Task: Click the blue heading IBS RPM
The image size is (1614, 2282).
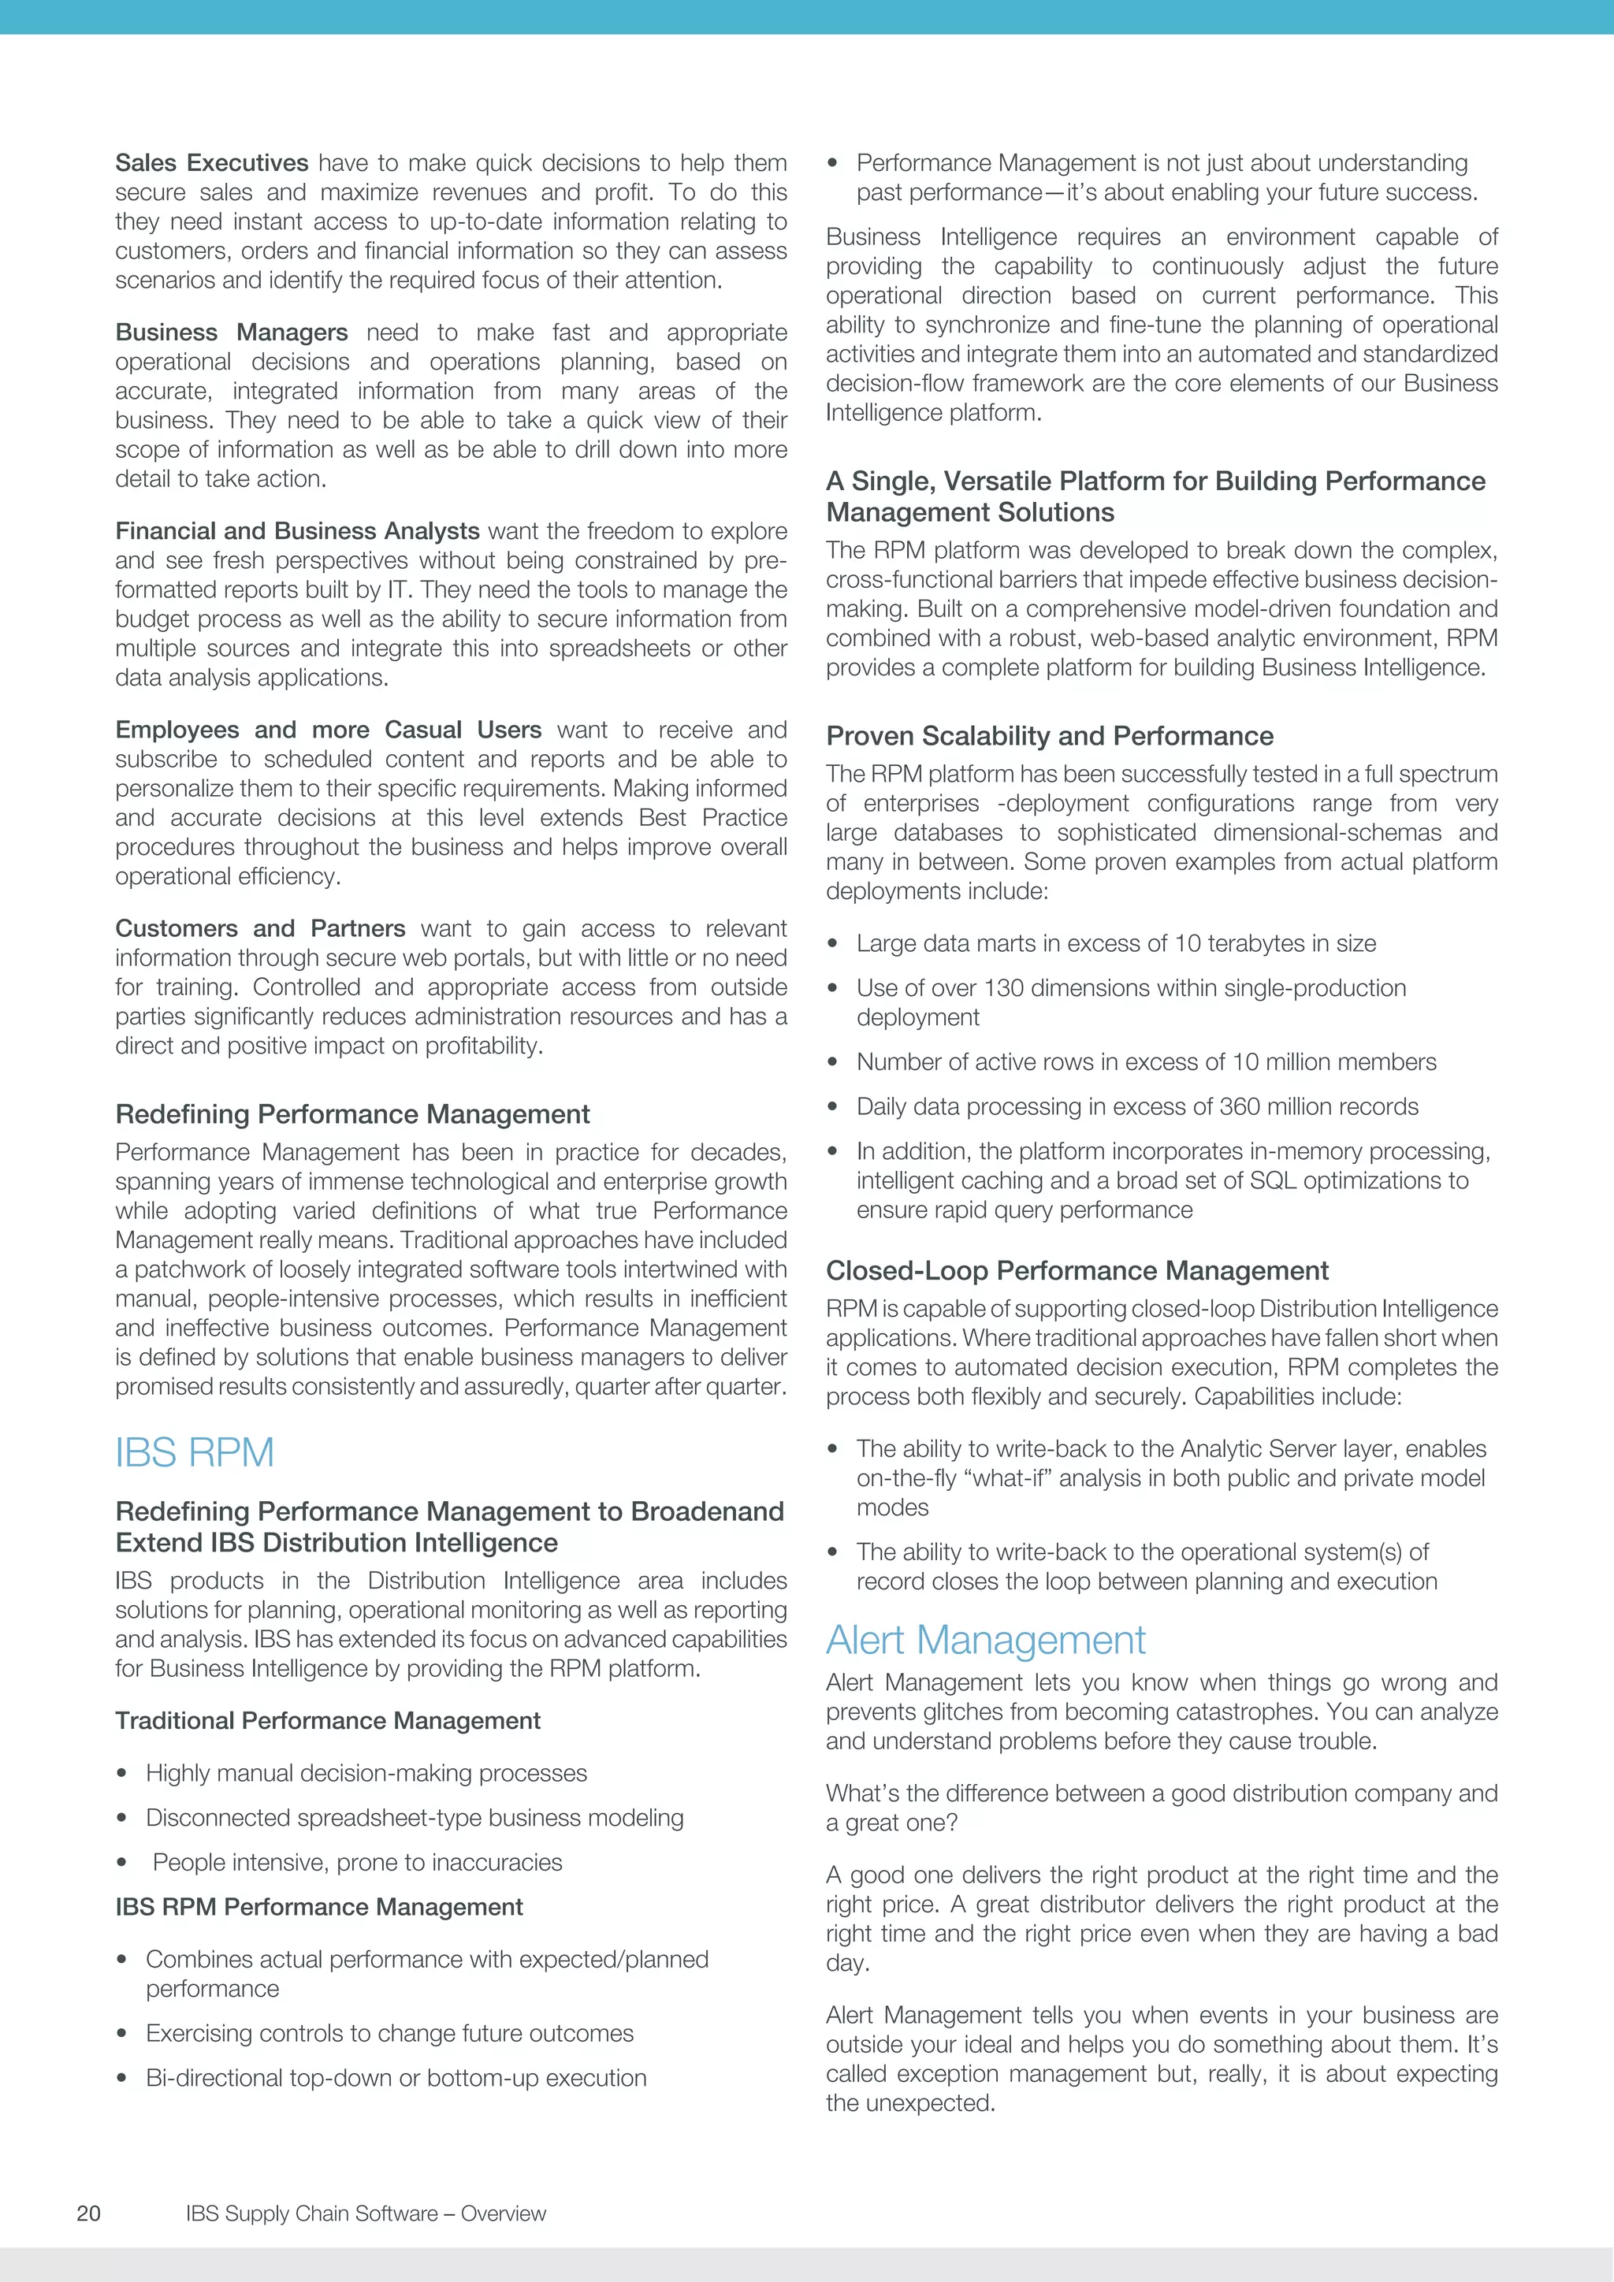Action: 195,1453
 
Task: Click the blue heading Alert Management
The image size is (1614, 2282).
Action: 985,1640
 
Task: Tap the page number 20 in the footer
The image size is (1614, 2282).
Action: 88,2213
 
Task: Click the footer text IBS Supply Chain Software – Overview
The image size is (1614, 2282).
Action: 366,2213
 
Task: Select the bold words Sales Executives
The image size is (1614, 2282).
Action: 212,163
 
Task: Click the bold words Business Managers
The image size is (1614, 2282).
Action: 232,332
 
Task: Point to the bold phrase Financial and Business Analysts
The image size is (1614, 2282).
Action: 297,531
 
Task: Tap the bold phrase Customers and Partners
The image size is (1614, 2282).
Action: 260,928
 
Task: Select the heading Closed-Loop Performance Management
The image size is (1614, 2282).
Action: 1077,1270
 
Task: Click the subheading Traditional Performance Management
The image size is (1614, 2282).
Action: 328,1720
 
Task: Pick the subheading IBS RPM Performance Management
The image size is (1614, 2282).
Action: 319,1906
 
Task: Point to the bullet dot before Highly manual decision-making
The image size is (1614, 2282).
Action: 121,1774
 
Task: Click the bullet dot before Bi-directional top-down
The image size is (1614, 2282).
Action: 121,2078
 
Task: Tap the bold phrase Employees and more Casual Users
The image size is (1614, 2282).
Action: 328,730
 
